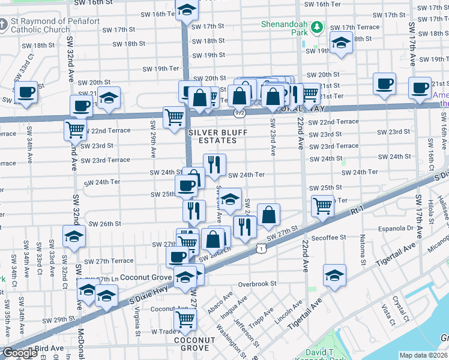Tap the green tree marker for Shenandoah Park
(x=318, y=26)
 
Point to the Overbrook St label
(x=256, y=284)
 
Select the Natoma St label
(x=363, y=251)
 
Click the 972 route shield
(x=240, y=112)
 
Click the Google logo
(x=19, y=353)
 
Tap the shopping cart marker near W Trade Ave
(x=185, y=319)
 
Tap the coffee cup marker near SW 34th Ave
(x=26, y=92)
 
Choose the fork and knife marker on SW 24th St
(x=214, y=164)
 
